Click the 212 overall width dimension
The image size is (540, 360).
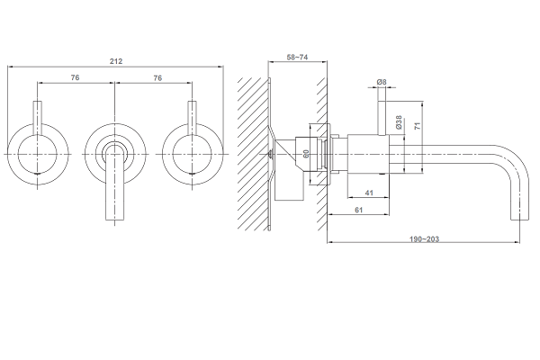coord(116,61)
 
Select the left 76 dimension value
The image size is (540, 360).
coord(75,78)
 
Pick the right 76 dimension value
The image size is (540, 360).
coord(157,78)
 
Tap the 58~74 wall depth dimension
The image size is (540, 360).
coord(297,58)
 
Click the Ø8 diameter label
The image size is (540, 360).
coord(382,82)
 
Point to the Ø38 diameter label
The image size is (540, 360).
coord(399,122)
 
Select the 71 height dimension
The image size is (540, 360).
coord(418,126)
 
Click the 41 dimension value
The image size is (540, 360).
coord(369,193)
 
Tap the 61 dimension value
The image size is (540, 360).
coord(358,210)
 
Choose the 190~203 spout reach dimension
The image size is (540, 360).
coord(424,238)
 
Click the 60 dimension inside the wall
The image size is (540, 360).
coord(306,154)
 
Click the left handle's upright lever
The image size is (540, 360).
coord(37,118)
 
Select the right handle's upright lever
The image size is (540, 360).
coord(192,118)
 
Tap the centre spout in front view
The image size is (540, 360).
coord(114,183)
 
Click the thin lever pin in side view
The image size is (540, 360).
coord(382,118)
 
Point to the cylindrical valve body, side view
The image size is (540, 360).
coord(368,154)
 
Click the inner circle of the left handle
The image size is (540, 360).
coord(37,154)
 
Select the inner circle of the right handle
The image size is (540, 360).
coord(192,154)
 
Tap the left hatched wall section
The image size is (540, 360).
coord(252,154)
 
